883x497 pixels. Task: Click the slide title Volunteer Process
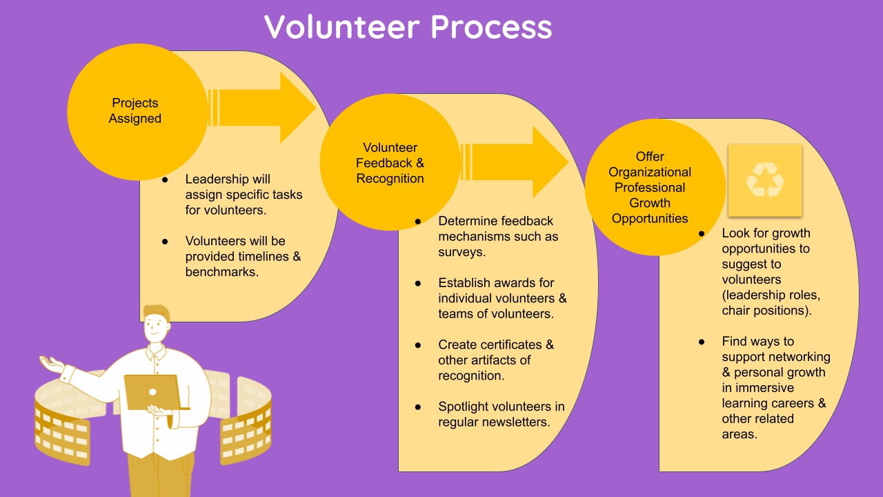(408, 27)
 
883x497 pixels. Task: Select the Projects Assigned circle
(135, 111)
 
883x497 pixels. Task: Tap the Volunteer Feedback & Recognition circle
(390, 163)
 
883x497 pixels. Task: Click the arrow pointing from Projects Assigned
(266, 108)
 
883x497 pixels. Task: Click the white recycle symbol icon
(765, 180)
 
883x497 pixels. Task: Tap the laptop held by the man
(152, 391)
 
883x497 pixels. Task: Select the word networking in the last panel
(797, 357)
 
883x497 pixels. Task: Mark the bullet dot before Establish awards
(418, 284)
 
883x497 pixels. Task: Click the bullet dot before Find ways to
(702, 342)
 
